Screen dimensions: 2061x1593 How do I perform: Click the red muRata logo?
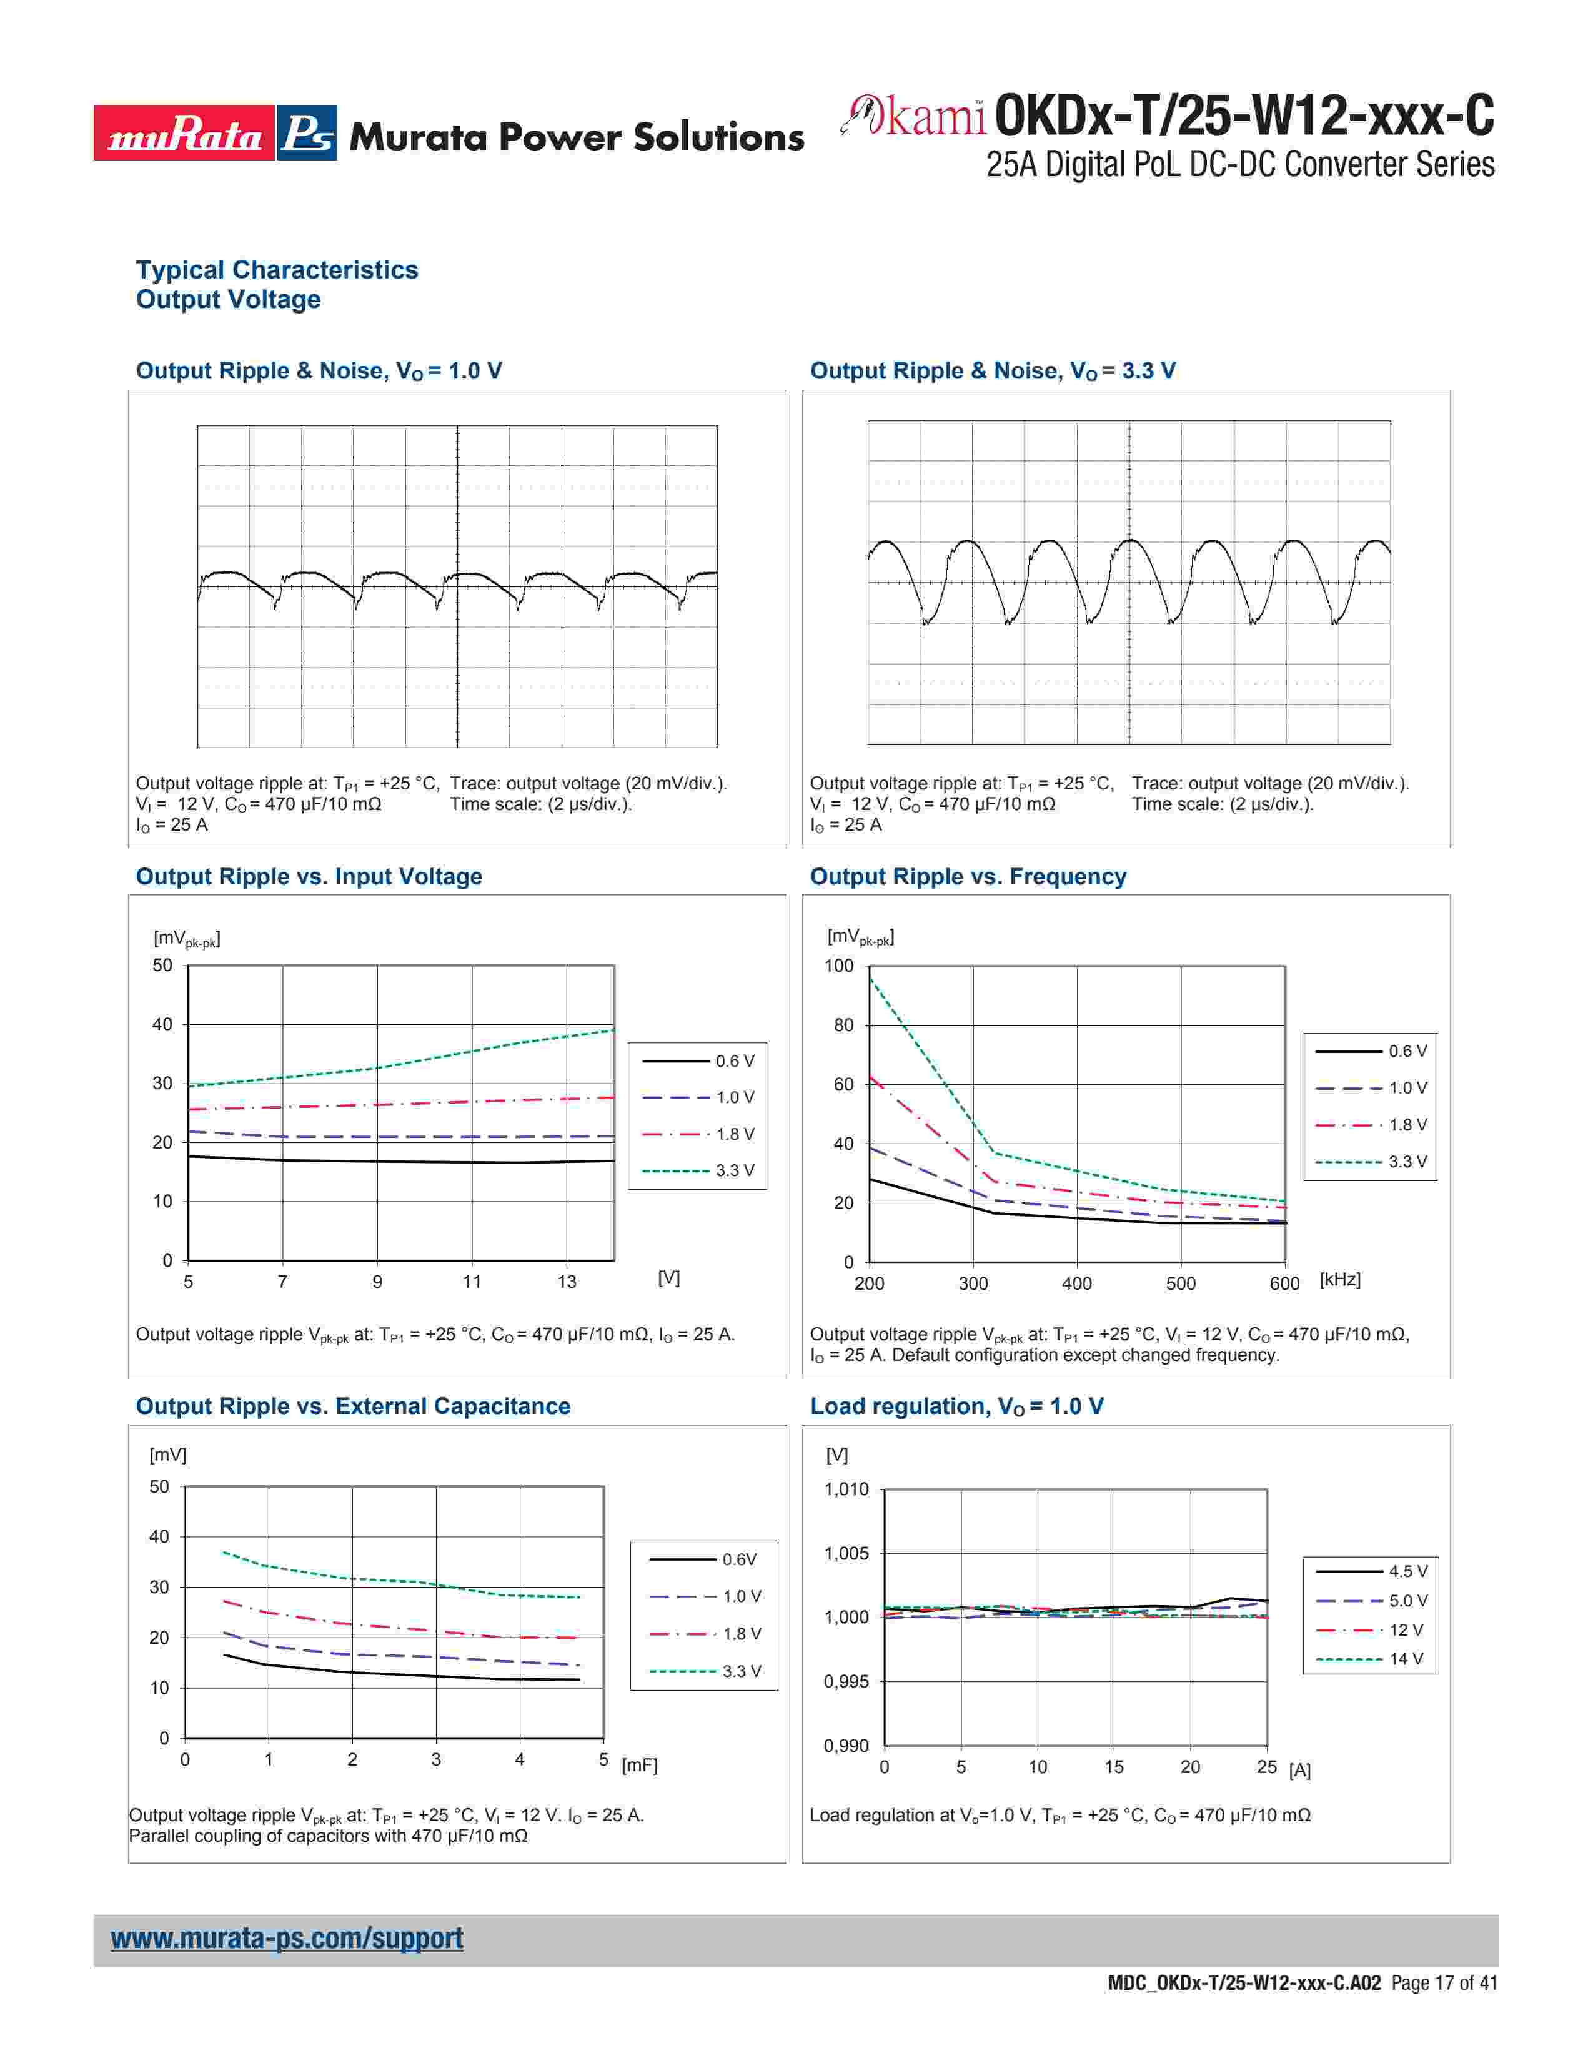click(x=184, y=133)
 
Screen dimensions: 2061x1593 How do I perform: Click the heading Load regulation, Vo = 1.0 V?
click(x=956, y=1406)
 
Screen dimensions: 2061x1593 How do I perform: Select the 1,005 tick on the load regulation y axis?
click(x=846, y=1553)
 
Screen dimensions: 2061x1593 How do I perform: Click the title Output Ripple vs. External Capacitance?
click(x=353, y=1406)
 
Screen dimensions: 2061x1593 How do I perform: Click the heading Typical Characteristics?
click(x=277, y=270)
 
